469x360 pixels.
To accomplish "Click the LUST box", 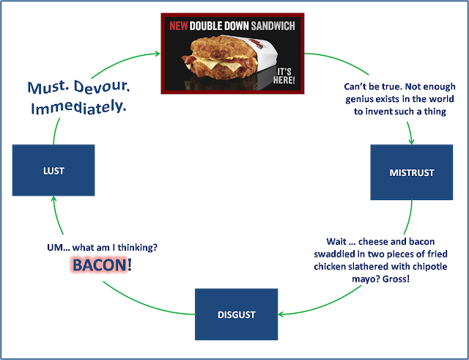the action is [x=53, y=171].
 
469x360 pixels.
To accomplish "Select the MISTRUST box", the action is [x=411, y=173].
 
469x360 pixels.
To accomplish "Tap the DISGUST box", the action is [x=236, y=314].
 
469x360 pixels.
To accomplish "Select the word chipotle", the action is [x=421, y=267].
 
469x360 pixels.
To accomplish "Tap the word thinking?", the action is [x=156, y=248].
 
